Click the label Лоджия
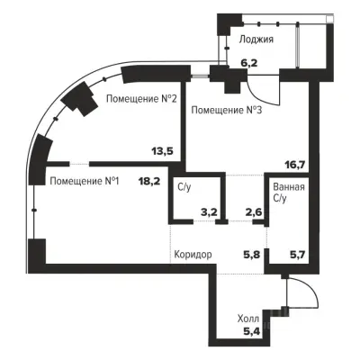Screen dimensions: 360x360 [x=256, y=40]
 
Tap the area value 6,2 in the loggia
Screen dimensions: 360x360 [x=249, y=63]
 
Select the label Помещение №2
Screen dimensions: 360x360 [x=141, y=99]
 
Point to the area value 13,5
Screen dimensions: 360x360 [x=162, y=151]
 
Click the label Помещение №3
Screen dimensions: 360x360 [x=227, y=110]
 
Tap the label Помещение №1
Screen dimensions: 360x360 [x=85, y=181]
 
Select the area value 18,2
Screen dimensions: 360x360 [x=149, y=181]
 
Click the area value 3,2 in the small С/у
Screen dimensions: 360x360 [x=209, y=212]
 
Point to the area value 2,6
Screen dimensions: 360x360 [x=254, y=212]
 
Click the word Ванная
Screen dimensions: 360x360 [x=289, y=187]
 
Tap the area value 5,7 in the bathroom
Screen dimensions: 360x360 [x=297, y=255]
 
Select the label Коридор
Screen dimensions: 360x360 [x=193, y=255]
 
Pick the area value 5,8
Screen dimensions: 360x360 [x=251, y=255]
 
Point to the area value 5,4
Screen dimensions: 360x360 [x=251, y=331]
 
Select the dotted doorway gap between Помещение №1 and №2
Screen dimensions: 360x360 [x=79, y=164]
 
